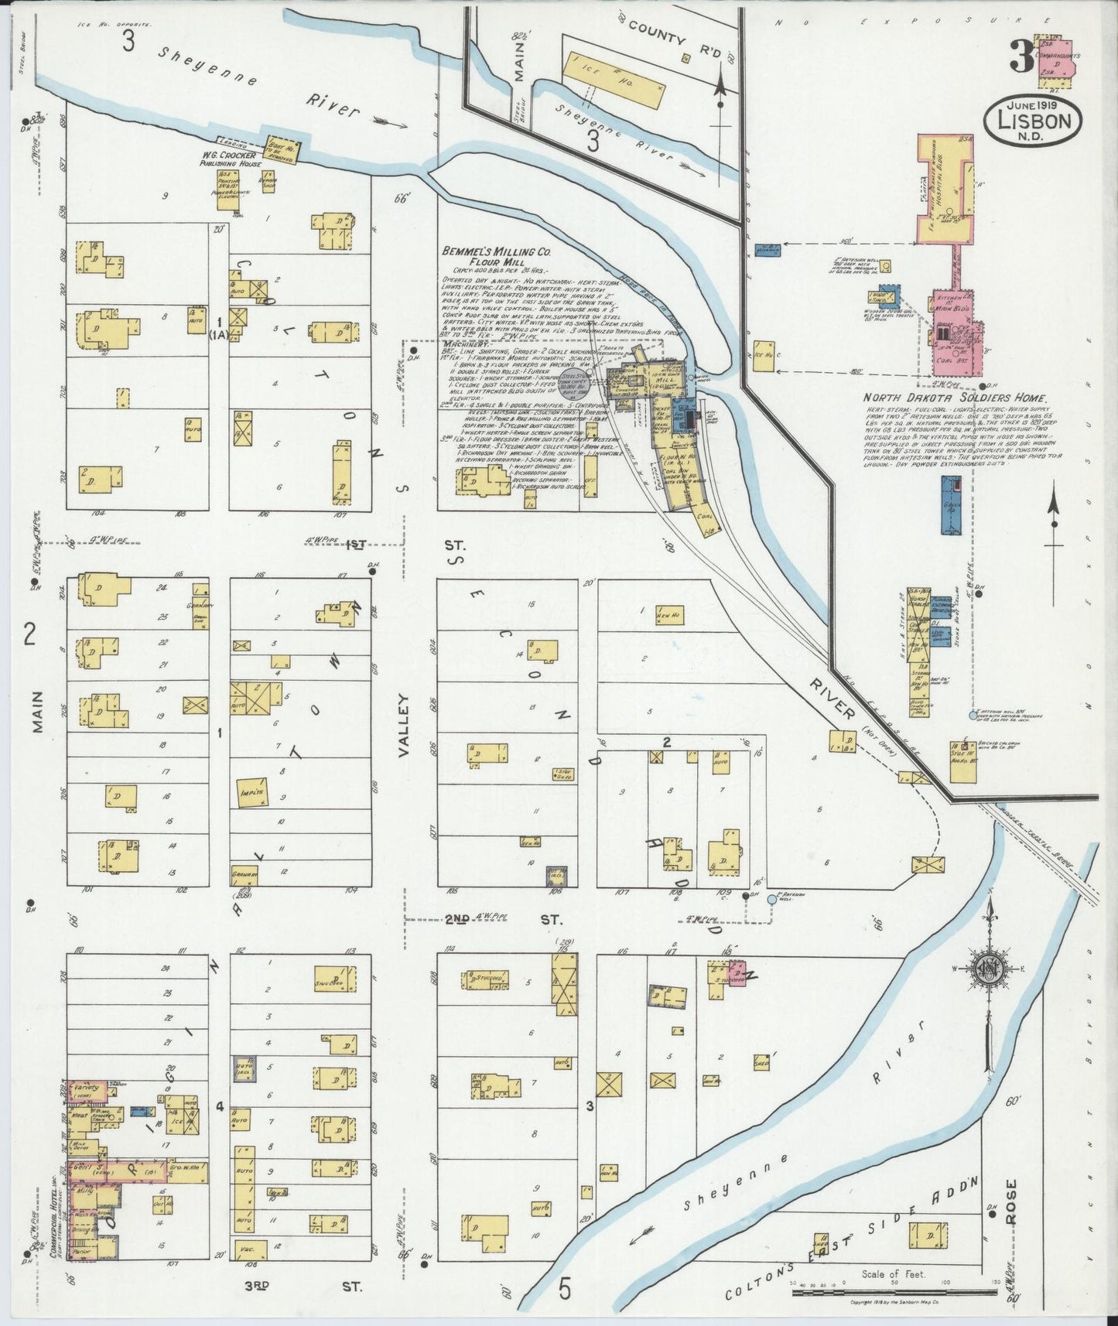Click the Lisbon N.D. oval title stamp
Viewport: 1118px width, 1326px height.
point(1032,120)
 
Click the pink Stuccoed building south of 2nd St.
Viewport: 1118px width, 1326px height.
point(728,974)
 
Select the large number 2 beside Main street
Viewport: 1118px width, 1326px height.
point(30,634)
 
